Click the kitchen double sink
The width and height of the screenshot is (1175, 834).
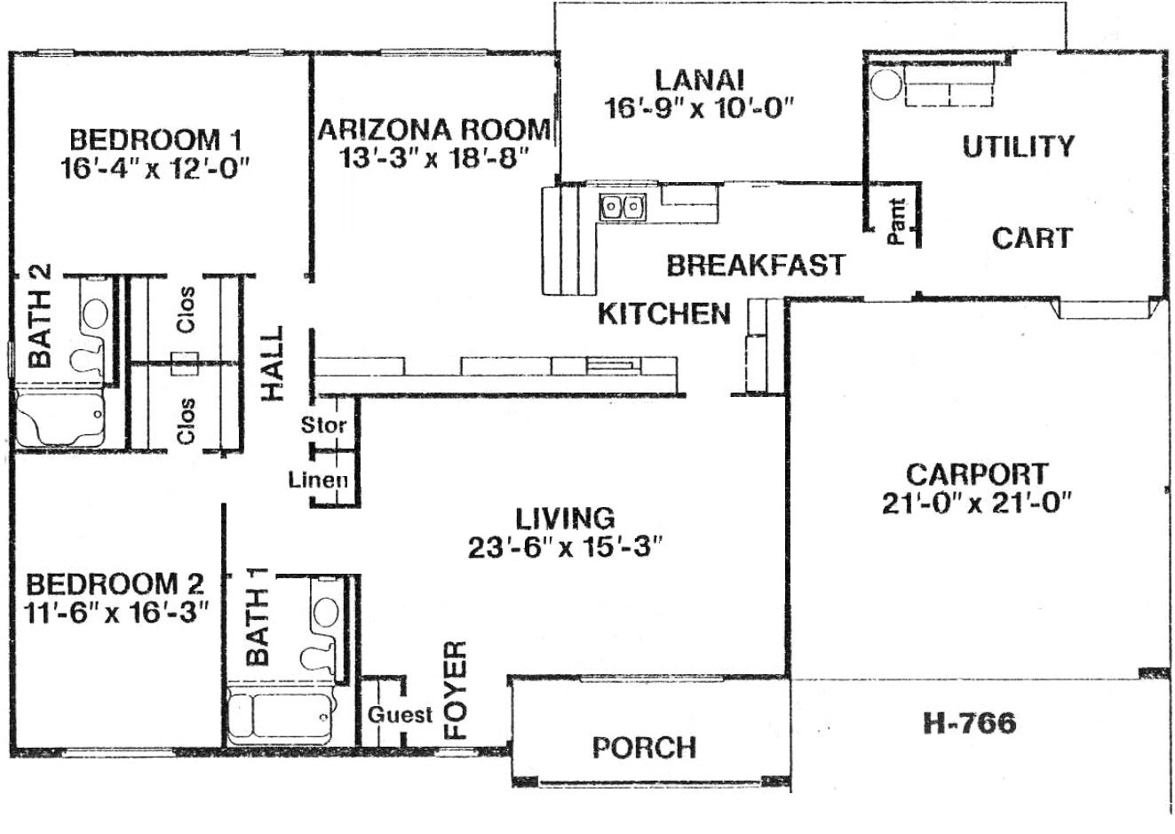tap(623, 207)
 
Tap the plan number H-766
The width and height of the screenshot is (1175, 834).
tap(969, 723)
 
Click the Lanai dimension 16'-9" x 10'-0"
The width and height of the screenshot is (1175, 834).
tap(699, 109)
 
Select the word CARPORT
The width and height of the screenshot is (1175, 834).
tap(977, 474)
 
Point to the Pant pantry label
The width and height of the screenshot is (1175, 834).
tap(897, 221)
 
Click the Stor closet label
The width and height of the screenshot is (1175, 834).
tap(323, 425)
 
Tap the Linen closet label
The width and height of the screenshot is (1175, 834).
tap(318, 480)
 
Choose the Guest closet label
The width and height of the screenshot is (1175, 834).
tap(401, 715)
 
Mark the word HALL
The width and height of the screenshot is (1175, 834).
tap(273, 363)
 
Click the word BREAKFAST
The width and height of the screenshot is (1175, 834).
tap(756, 266)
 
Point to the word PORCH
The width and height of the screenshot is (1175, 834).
tap(645, 748)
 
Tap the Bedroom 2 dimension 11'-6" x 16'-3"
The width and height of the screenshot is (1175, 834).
tap(116, 613)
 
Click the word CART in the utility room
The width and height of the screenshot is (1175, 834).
tap(1032, 238)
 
